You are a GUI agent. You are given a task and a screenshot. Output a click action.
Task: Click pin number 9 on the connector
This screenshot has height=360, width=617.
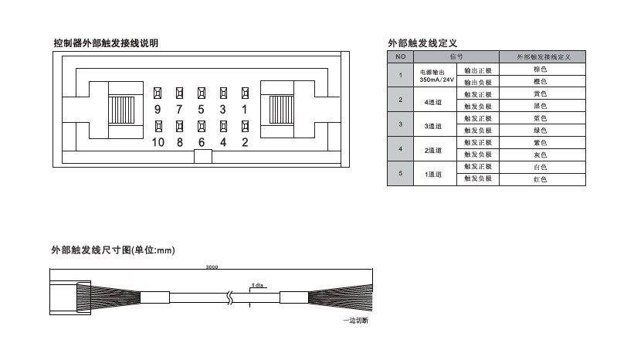[158, 110]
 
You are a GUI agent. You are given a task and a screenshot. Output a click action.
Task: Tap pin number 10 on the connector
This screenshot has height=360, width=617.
[158, 141]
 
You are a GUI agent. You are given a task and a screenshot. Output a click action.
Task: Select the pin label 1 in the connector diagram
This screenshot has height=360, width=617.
[245, 110]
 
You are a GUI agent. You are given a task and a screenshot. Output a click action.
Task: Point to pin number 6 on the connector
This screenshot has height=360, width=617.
[201, 141]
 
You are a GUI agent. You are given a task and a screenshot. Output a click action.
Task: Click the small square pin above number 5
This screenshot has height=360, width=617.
[201, 93]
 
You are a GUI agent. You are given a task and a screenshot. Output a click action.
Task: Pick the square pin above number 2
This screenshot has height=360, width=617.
[245, 124]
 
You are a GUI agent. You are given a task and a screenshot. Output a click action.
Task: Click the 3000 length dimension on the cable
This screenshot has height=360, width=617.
[212, 267]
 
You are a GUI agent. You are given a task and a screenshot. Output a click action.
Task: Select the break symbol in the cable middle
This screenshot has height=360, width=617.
[228, 297]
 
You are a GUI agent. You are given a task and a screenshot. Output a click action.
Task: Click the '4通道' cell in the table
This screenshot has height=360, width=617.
[433, 100]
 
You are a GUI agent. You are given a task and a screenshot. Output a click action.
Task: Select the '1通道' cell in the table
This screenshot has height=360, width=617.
[433, 174]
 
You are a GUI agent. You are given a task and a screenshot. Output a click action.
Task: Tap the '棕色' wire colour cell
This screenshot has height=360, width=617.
[540, 70]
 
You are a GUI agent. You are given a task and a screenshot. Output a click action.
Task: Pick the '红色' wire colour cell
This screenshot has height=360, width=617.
[540, 179]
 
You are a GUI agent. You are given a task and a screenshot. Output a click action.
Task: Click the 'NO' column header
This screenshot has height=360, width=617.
[400, 57]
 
